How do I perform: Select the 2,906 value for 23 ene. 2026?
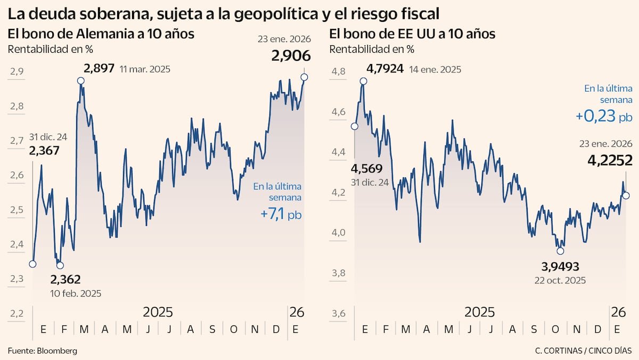[x=291, y=56]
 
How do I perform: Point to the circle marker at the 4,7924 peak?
[x=364, y=81]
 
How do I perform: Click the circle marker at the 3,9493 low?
[x=560, y=251]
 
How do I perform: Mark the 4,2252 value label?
[x=610, y=160]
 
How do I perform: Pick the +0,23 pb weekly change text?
[x=604, y=116]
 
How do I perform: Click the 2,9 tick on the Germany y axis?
[x=17, y=71]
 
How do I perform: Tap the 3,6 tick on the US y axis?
[x=339, y=314]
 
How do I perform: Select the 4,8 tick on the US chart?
[x=339, y=71]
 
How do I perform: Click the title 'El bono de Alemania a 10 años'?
[x=101, y=34]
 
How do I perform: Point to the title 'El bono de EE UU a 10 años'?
[x=412, y=34]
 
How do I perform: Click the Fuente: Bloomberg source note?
[x=43, y=350]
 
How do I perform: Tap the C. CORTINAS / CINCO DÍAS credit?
[x=584, y=350]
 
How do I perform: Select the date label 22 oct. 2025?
[x=560, y=280]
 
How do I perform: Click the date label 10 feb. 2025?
[x=76, y=293]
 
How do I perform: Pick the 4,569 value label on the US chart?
[x=367, y=169]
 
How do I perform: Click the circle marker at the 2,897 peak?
[x=80, y=81]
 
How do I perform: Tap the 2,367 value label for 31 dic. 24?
[x=44, y=151]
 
